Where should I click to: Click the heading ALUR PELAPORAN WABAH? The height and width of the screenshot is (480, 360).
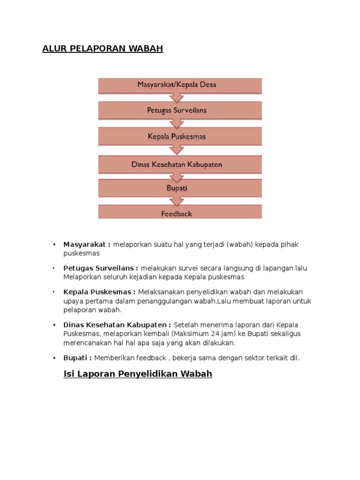[x=103, y=49]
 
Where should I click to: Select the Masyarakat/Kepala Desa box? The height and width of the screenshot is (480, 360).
[x=180, y=85]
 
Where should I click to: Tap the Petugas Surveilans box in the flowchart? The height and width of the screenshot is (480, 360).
[x=180, y=111]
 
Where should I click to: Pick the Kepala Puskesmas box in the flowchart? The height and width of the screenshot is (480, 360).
[x=180, y=136]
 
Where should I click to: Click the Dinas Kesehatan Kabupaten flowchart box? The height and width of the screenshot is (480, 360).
[x=180, y=164]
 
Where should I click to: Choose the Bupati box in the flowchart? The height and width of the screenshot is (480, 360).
[x=180, y=188]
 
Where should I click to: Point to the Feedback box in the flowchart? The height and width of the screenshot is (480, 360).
[x=180, y=213]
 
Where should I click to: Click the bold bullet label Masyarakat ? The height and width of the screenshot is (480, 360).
[x=87, y=245]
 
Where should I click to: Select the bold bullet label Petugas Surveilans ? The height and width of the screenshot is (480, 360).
[x=100, y=268]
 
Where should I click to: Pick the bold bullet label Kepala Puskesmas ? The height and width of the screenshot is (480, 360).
[x=99, y=292]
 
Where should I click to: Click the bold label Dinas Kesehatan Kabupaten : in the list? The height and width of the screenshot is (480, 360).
[x=118, y=325]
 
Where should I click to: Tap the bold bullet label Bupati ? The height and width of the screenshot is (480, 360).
[x=78, y=358]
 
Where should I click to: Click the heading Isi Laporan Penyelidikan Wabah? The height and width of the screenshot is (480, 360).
[x=138, y=374]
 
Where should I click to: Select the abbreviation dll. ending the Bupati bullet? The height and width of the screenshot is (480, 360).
[x=294, y=358]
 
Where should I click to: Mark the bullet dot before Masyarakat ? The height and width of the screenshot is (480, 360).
[x=54, y=245]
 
